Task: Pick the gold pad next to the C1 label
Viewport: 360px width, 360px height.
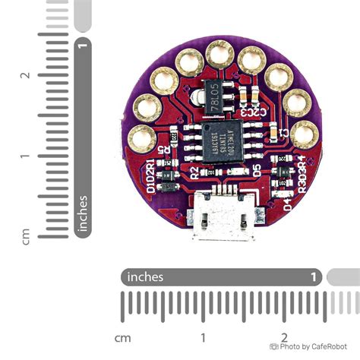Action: point(305,135)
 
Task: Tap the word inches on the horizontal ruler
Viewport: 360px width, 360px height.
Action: point(145,276)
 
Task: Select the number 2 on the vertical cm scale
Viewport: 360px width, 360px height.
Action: point(25,75)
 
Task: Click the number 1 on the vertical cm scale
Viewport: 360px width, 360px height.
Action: point(25,156)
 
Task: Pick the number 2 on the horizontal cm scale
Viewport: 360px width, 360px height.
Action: point(283,336)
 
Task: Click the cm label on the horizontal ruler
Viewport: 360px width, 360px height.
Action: point(122,336)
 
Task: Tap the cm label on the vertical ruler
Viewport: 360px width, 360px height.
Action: point(25,235)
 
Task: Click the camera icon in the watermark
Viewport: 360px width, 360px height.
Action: point(274,346)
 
